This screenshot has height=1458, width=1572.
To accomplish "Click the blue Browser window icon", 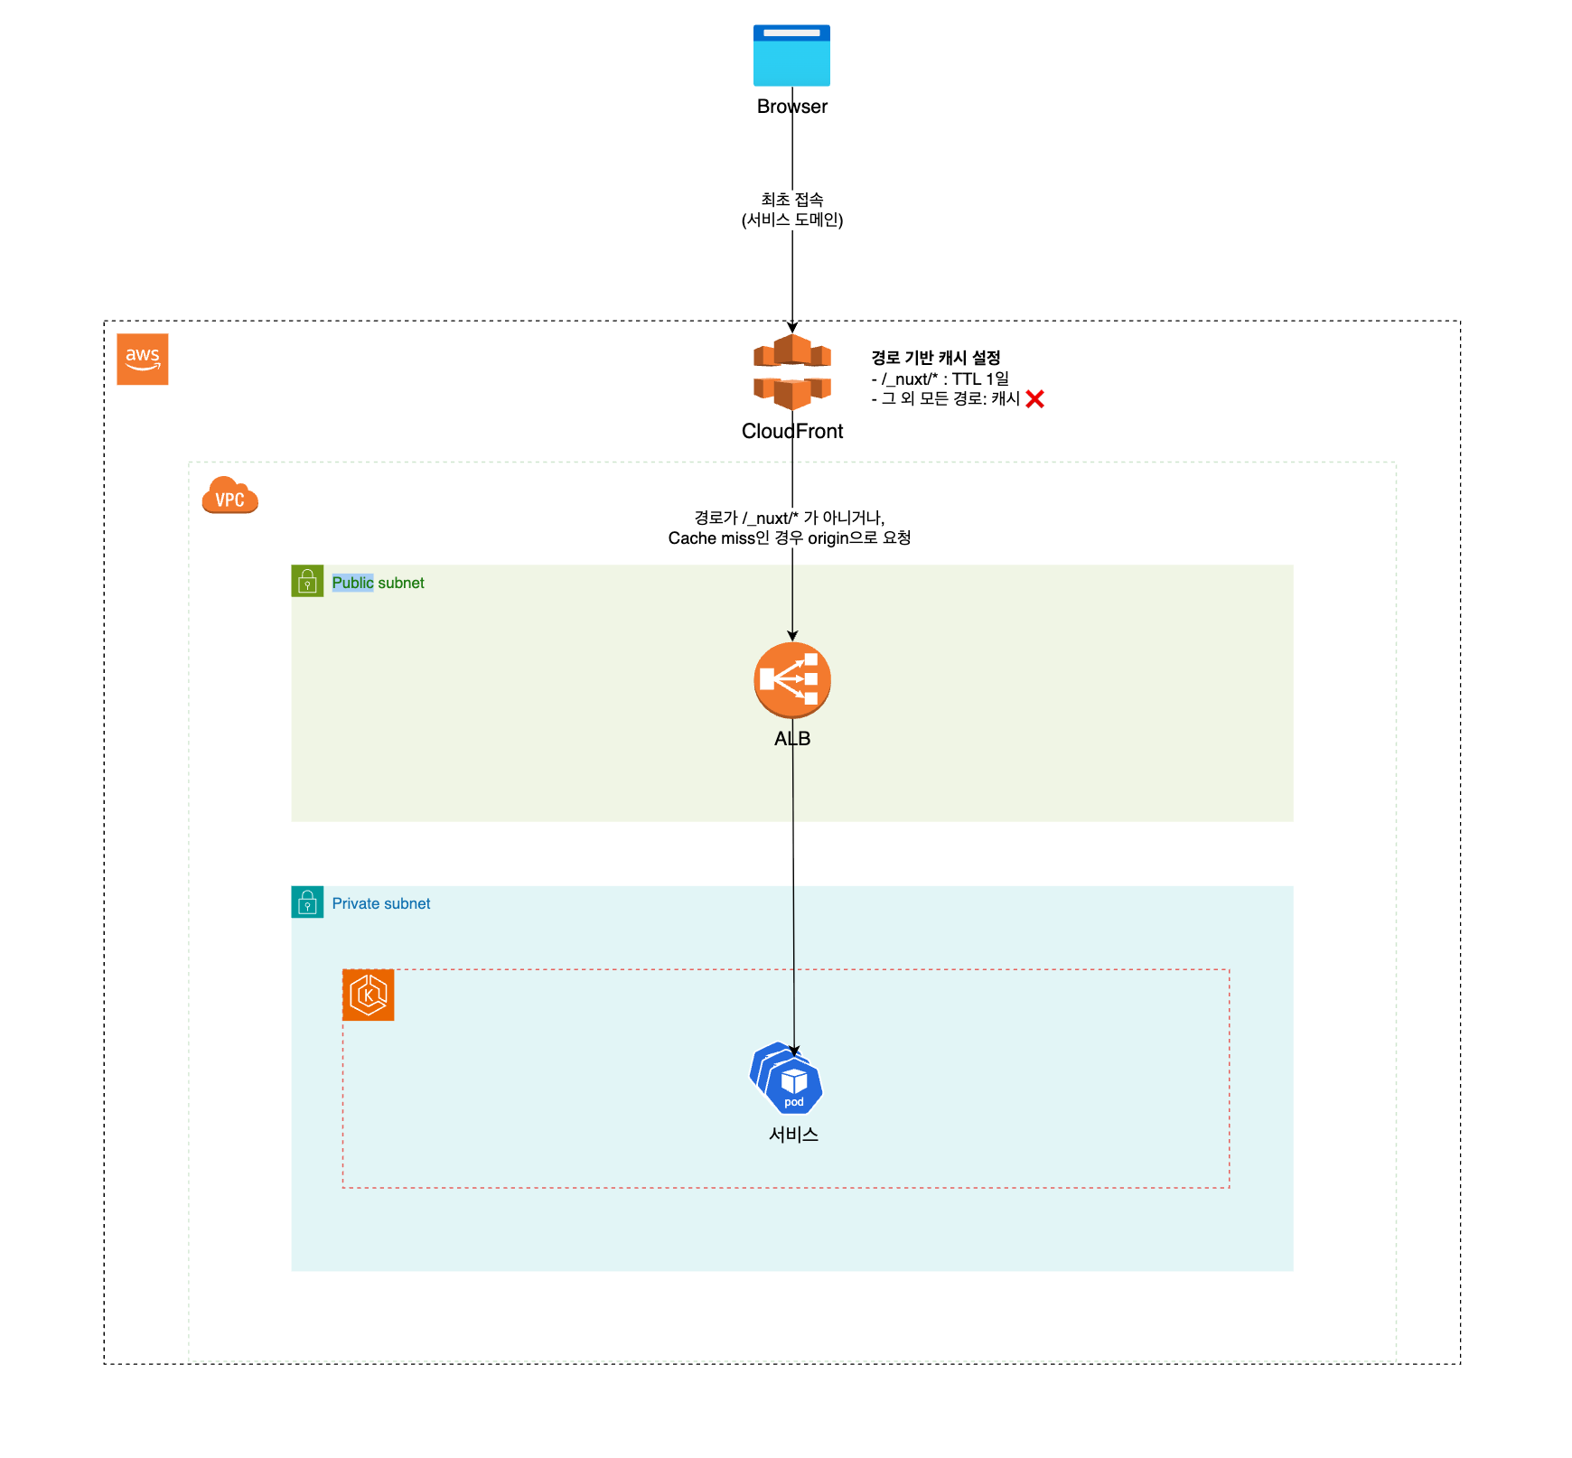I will [791, 56].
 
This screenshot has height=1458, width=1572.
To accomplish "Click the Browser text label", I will [791, 107].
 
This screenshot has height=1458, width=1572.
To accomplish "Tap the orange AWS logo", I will [143, 359].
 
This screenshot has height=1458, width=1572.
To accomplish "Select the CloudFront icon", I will [791, 371].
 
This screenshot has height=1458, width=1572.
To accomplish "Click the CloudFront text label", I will [791, 432].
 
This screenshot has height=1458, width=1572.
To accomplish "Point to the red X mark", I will [1034, 399].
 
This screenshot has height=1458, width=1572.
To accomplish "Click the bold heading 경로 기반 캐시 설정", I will [935, 358].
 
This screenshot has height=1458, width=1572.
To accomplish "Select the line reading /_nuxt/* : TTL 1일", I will [940, 379].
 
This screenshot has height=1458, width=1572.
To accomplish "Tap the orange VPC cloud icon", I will [229, 495].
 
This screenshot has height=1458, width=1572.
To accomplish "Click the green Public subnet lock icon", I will [307, 581].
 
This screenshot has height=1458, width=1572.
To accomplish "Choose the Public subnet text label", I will [378, 583].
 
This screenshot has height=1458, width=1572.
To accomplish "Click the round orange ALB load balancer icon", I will [791, 680].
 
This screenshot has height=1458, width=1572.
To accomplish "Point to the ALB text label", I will [791, 739].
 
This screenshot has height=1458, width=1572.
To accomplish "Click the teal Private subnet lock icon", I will [307, 902].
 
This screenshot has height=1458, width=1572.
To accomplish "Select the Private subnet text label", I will [380, 903].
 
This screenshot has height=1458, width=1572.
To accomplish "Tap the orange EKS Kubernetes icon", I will [368, 995].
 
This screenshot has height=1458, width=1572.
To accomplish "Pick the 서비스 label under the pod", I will [793, 1135].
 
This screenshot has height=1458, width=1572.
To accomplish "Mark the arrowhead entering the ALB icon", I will [792, 636].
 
